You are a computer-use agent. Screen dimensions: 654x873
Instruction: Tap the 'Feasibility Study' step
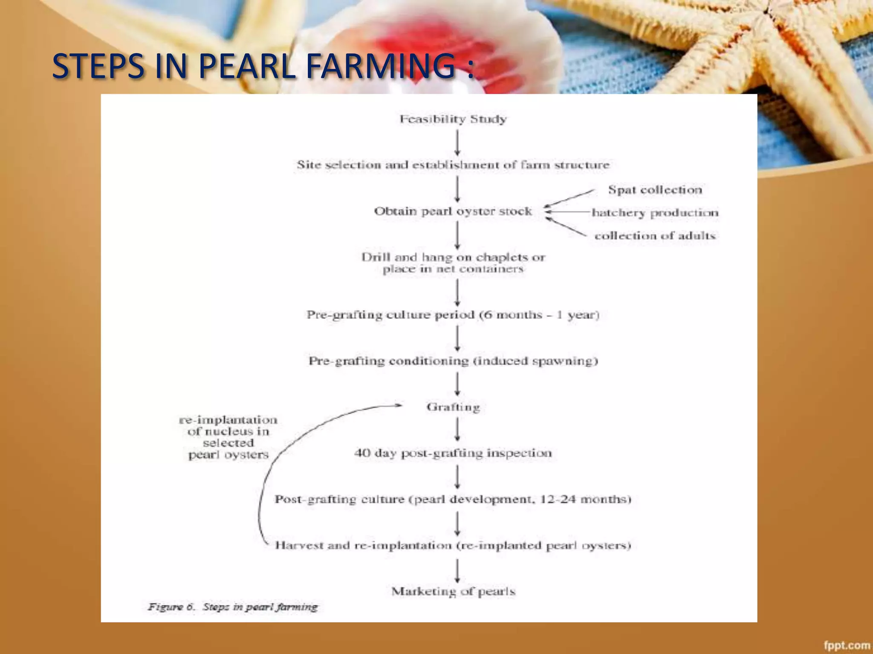coord(453,119)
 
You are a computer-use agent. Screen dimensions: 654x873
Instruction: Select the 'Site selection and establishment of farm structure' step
coord(453,165)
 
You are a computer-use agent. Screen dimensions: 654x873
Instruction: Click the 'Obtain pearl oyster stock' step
coord(453,211)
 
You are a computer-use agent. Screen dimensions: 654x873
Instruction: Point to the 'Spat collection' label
coord(655,190)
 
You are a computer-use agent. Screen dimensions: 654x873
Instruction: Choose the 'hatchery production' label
coord(655,212)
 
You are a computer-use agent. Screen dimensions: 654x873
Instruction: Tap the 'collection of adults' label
coord(655,235)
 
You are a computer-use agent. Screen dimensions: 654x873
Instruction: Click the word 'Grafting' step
coord(453,407)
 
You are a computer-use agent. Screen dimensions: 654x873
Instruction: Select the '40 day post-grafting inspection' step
coord(453,453)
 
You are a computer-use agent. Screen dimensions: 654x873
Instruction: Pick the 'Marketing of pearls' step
coord(453,591)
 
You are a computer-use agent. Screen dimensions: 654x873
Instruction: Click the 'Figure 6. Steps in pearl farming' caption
coord(233,607)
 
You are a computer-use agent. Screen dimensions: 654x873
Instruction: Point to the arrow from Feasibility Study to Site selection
coord(457,143)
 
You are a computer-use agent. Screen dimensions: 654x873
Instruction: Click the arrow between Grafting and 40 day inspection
coord(457,429)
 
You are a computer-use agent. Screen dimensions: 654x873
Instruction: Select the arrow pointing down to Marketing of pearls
coord(457,571)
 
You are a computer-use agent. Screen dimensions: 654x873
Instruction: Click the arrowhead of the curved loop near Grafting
coord(399,405)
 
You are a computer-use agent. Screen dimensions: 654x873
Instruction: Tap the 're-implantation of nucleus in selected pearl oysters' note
coord(228,437)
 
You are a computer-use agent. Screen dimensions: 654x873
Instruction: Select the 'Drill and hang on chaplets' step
coord(453,263)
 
